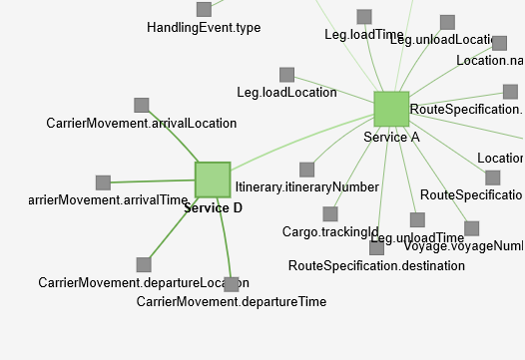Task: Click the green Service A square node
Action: tap(391, 109)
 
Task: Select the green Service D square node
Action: tap(213, 180)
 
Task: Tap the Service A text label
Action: tap(391, 137)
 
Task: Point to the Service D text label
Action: tap(213, 207)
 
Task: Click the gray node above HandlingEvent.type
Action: tap(204, 9)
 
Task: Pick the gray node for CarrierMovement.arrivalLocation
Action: tap(142, 105)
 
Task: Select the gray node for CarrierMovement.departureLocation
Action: tap(144, 264)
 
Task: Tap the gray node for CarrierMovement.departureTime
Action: tap(232, 284)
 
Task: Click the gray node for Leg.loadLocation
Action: tap(286, 75)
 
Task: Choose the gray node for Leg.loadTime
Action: tap(364, 17)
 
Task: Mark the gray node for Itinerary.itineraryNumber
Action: tap(307, 170)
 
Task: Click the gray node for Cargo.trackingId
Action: tap(330, 213)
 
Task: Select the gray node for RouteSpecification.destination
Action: tap(376, 247)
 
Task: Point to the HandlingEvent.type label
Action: tap(204, 28)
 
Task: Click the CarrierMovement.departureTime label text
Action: tap(232, 301)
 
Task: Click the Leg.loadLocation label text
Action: tap(286, 93)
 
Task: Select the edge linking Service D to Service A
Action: tap(299, 145)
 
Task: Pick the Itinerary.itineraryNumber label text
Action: tap(306, 186)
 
